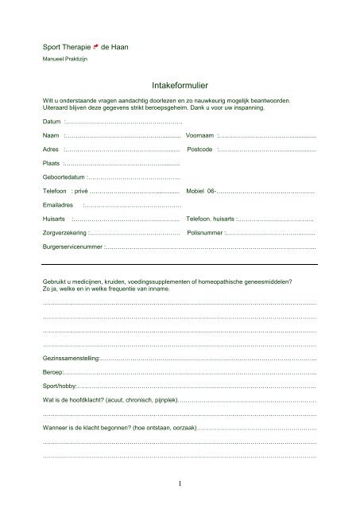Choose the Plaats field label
click(52, 163)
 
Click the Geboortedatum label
click(64, 177)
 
